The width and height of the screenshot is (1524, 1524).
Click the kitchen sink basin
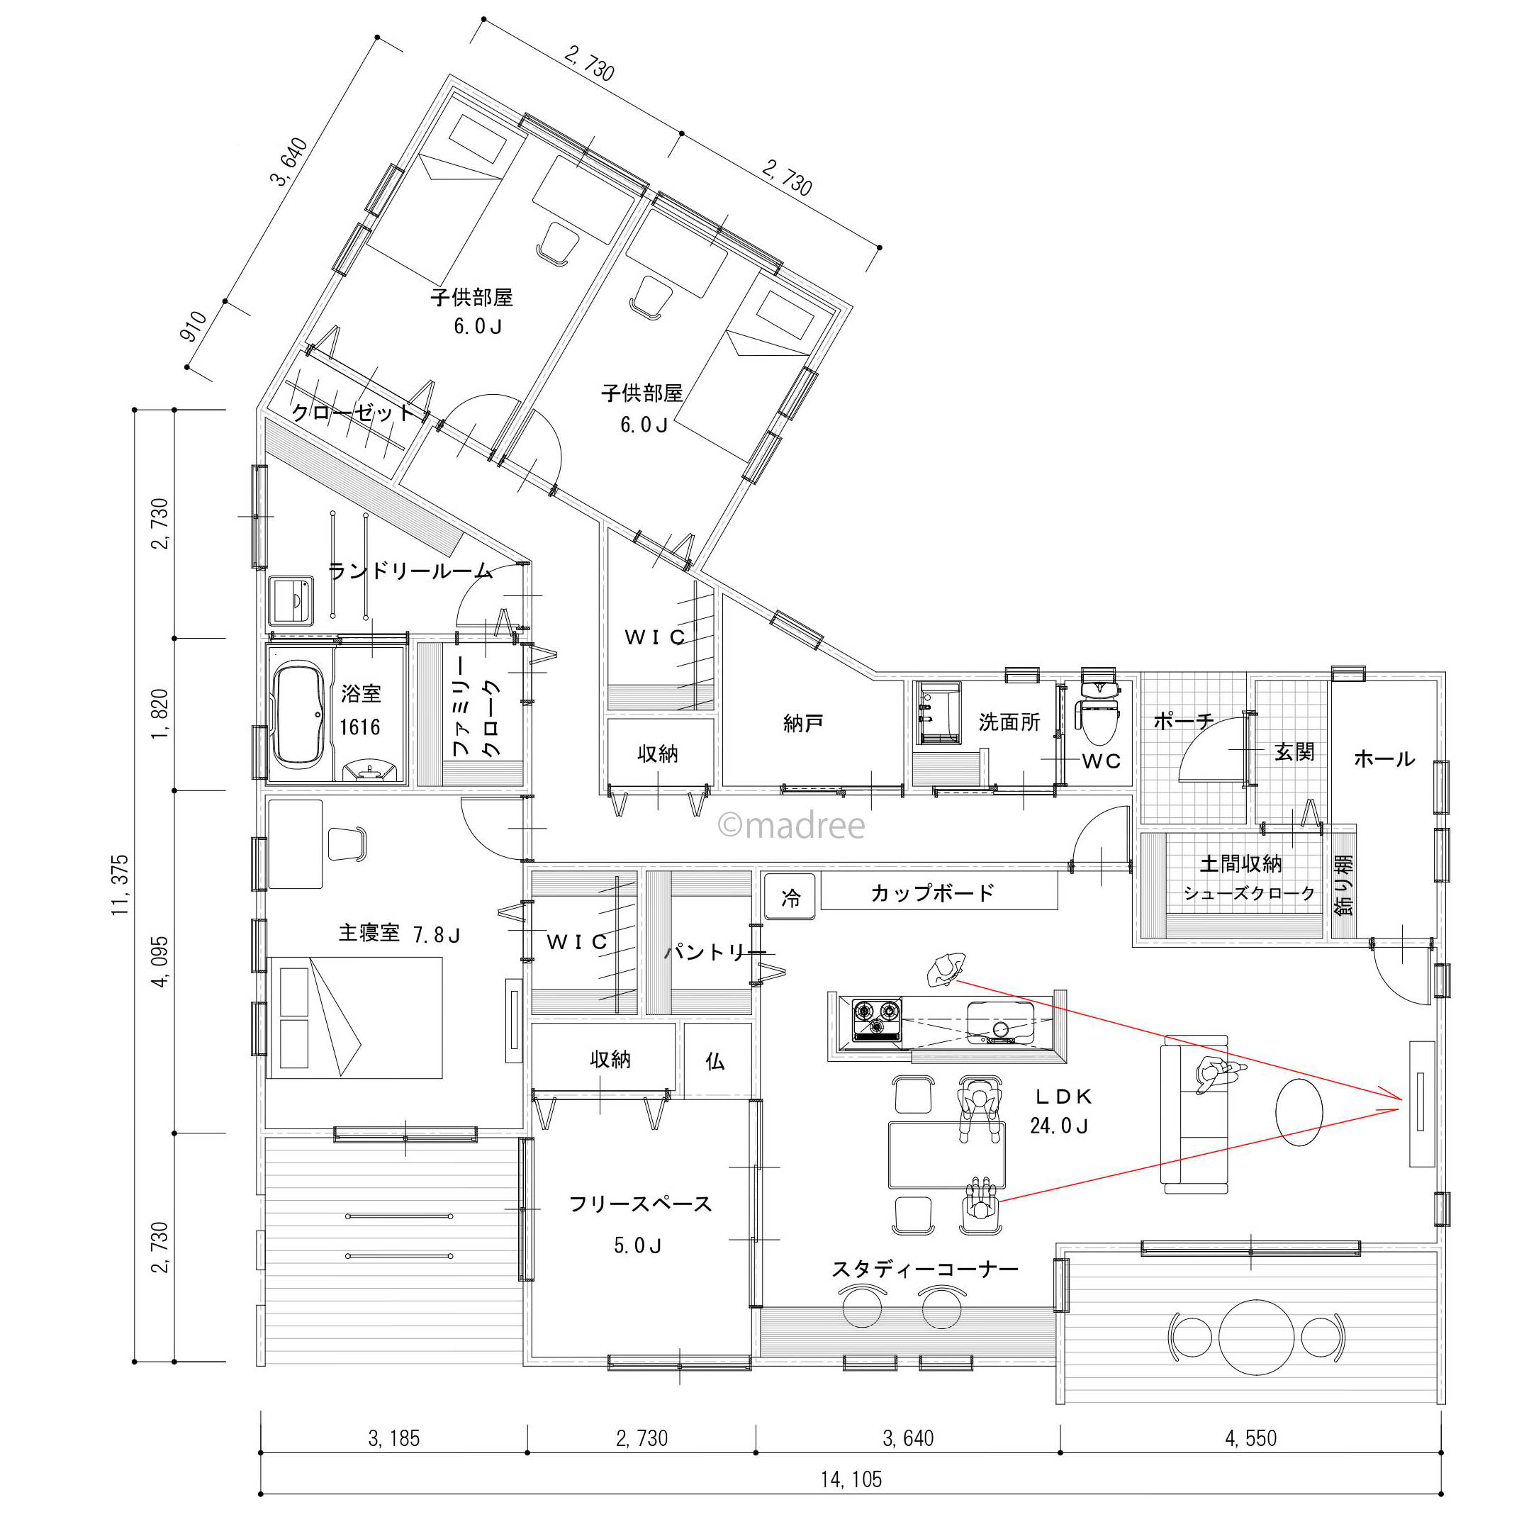coord(1000,1023)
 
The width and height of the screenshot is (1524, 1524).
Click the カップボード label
coord(932,893)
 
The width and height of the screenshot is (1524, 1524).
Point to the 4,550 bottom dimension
coord(1251,1438)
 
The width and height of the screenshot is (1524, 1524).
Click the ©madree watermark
coord(791,826)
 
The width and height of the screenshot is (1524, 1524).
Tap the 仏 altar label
coord(715,1061)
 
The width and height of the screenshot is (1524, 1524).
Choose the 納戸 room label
coord(803,722)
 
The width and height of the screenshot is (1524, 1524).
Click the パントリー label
coord(715,951)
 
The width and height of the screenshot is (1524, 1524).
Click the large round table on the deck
coord(1257,1337)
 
